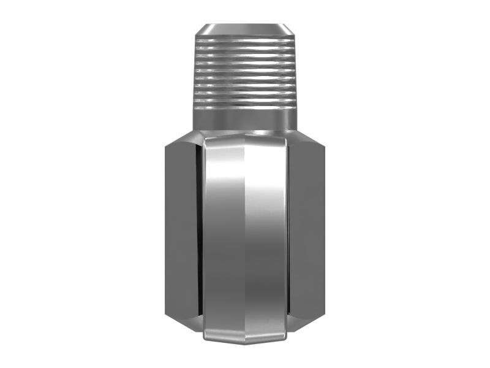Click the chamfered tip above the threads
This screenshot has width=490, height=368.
pyautogui.click(x=245, y=29)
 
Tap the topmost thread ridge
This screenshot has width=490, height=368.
pyautogui.click(x=245, y=40)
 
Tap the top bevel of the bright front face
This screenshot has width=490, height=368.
pyautogui.click(x=245, y=141)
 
